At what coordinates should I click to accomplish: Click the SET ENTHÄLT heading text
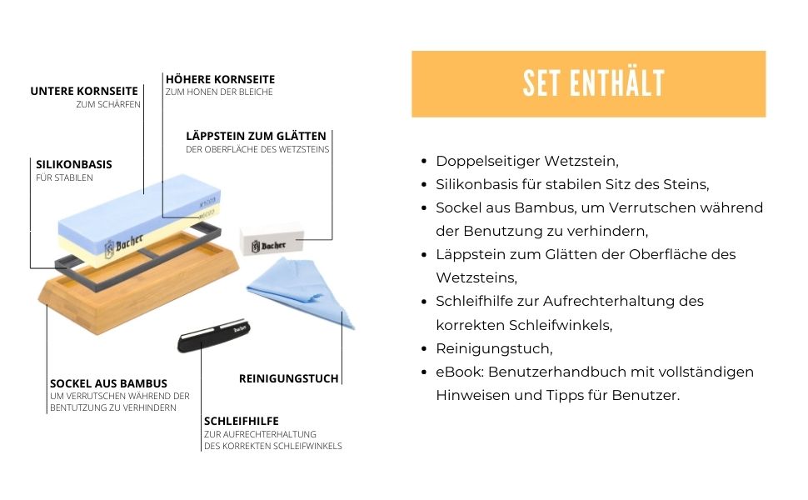pos(594,83)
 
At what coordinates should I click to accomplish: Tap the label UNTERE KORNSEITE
pos(84,91)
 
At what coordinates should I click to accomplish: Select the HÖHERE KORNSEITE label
pos(220,79)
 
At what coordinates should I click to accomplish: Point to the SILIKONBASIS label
pos(73,164)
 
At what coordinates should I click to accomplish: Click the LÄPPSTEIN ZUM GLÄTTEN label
pos(256,136)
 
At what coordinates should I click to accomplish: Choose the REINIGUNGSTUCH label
pos(288,378)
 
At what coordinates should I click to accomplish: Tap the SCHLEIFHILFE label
pos(242,421)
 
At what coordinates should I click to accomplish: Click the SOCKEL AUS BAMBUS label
pos(109,383)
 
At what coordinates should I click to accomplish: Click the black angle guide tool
pos(213,336)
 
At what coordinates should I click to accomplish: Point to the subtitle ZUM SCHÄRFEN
pos(108,104)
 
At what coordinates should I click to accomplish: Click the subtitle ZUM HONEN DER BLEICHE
pos(219,92)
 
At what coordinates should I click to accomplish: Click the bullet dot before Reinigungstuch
pos(424,349)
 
